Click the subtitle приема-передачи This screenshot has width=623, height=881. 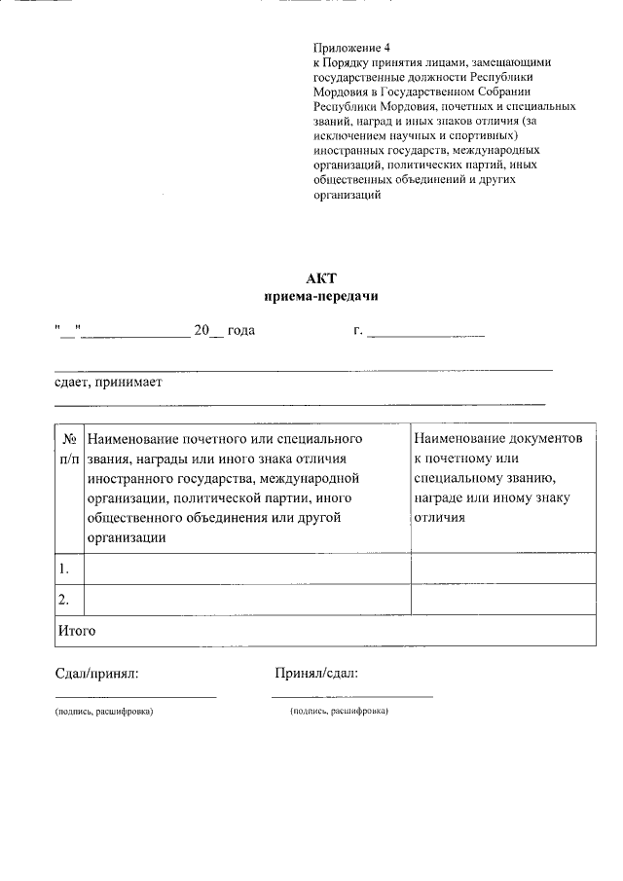(320, 296)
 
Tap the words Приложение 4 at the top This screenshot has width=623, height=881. (350, 48)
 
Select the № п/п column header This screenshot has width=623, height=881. (69, 448)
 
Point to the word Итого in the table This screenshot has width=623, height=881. (76, 631)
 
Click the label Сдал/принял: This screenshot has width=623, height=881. (96, 673)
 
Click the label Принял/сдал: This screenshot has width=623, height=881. (316, 673)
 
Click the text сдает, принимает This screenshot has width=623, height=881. (107, 383)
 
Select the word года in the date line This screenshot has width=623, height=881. (240, 331)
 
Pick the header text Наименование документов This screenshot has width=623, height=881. (497, 439)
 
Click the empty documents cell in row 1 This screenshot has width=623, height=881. (503, 568)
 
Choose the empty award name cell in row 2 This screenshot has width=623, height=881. (248, 599)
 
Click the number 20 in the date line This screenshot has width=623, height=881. (202, 331)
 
